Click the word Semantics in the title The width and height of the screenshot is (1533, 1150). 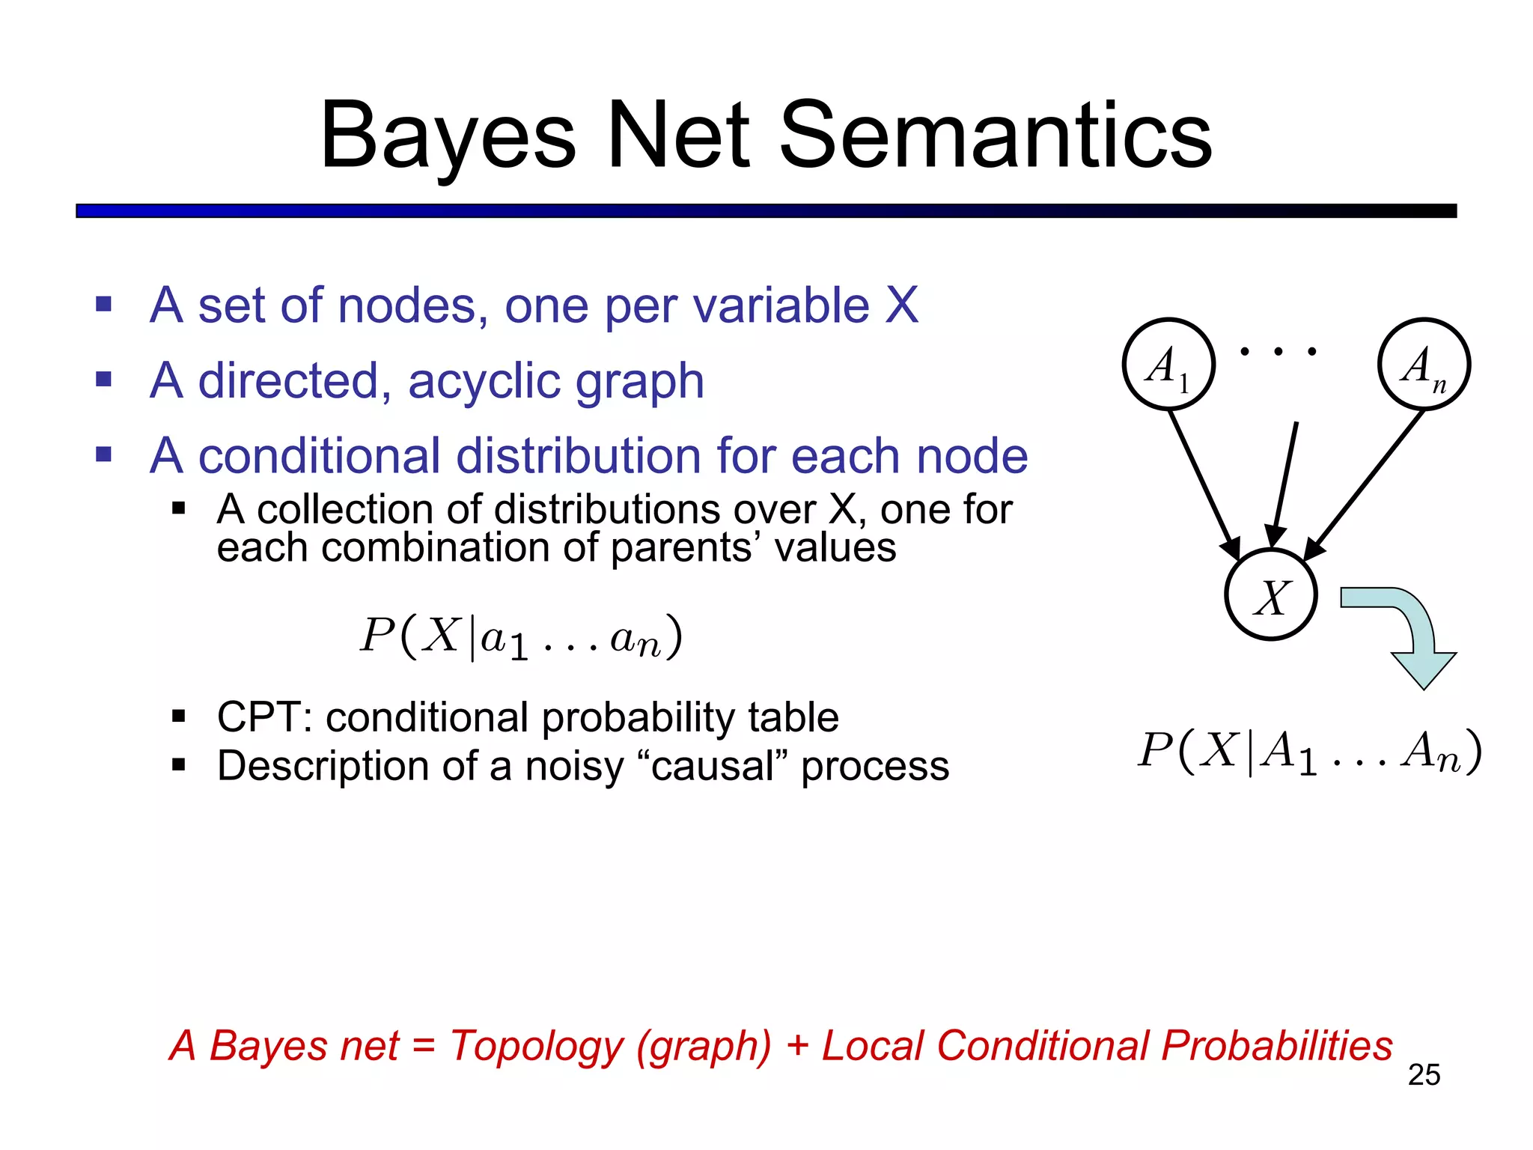tap(995, 136)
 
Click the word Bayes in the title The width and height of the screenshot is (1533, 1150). tap(448, 136)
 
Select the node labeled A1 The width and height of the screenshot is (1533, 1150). tap(1168, 365)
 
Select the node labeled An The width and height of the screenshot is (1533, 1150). tap(1424, 365)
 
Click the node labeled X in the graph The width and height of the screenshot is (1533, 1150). tap(1271, 595)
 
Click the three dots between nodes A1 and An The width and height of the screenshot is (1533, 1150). tap(1278, 351)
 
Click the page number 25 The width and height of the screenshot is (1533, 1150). tap(1424, 1074)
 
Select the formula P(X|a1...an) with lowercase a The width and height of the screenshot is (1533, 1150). tap(521, 637)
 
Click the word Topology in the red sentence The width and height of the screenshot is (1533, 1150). tap(536, 1046)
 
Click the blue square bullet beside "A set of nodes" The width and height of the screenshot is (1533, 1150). tap(104, 305)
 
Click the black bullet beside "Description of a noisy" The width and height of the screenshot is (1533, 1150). tap(178, 765)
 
